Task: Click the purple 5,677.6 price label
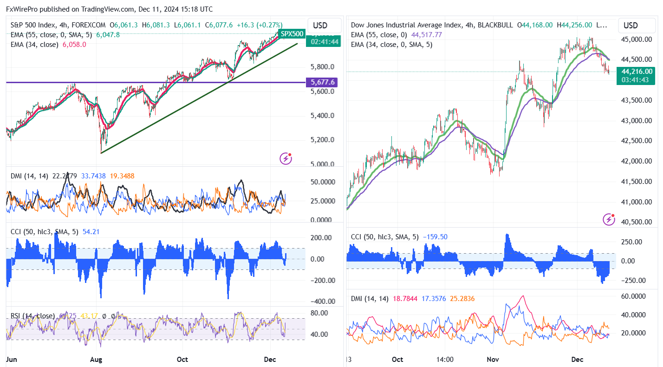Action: (324, 83)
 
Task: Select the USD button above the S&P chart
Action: (320, 25)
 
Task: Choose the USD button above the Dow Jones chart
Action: (630, 25)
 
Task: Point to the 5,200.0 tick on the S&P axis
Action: (323, 140)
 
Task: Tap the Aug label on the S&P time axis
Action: (96, 360)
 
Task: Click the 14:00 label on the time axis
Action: (445, 360)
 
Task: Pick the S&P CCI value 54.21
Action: (91, 231)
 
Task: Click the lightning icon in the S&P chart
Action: (286, 158)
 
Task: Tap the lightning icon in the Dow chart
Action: (609, 219)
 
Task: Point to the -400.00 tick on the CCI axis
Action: (321, 301)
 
